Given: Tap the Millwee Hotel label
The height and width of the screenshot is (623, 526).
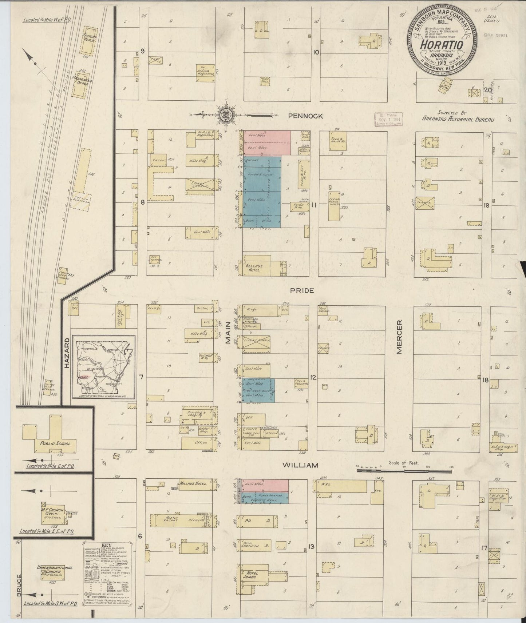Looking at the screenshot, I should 193,484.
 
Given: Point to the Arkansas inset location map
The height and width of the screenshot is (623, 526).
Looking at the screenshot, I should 104,367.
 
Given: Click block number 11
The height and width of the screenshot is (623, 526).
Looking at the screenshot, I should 313,205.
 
